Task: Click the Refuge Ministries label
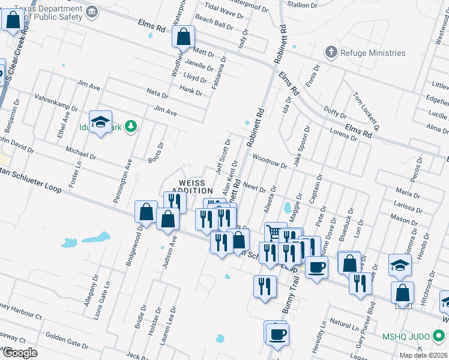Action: click(x=373, y=53)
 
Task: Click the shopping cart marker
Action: click(x=274, y=232)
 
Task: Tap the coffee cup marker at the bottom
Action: click(x=277, y=333)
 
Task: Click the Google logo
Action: click(x=20, y=352)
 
